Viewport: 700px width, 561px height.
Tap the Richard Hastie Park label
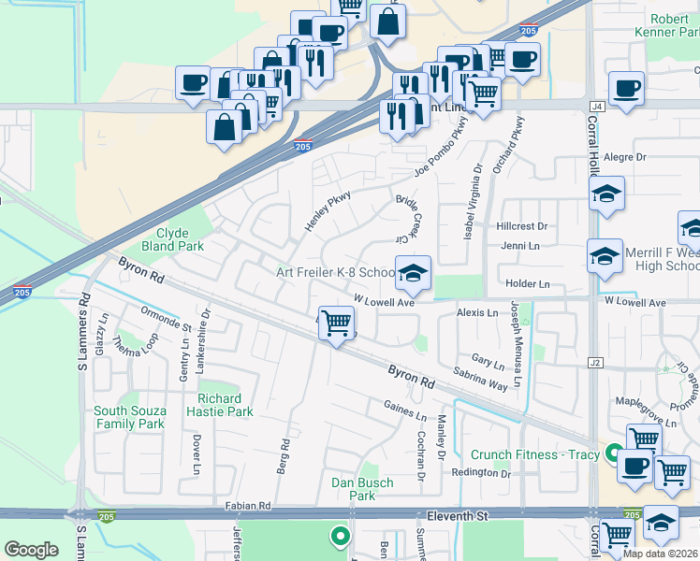pos(226,405)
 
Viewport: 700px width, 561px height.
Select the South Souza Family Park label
pos(130,417)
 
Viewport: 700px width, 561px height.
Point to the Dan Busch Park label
pos(363,489)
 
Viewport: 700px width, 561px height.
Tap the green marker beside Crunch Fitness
pos(613,455)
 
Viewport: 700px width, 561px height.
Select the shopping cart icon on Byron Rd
pos(336,324)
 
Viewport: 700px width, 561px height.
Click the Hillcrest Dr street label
pos(522,226)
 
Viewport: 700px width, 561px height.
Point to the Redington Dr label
pos(482,473)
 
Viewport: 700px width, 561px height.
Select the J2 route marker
pos(595,362)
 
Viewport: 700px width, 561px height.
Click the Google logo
pos(32,549)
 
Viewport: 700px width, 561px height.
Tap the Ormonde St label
pos(166,321)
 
